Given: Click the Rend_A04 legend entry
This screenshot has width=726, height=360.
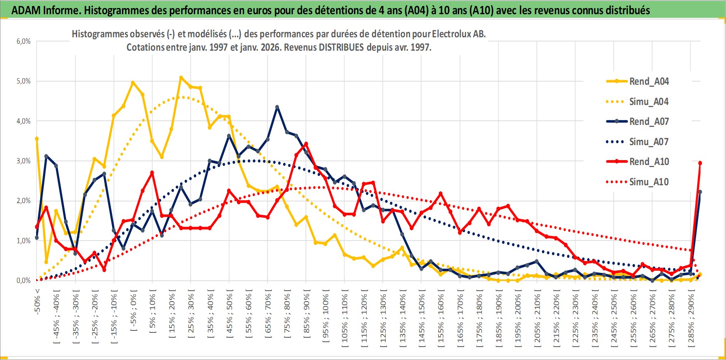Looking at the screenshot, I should coord(649,81).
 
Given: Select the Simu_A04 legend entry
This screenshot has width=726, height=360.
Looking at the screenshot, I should coord(649,102).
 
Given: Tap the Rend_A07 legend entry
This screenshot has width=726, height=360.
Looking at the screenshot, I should coord(649,122).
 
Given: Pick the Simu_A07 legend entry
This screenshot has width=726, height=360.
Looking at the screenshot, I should coord(649,142).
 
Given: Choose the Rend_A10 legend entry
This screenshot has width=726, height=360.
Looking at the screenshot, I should coord(649,162).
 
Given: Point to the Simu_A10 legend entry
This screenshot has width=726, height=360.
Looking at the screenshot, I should coord(649,182).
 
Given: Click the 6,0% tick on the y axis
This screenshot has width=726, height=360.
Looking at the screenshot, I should coord(24,41).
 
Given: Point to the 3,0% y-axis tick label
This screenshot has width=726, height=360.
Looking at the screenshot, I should coord(24,161).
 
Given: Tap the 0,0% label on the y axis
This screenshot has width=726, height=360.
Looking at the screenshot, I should coord(24,281).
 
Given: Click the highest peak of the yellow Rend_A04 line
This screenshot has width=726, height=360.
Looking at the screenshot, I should coord(181,77).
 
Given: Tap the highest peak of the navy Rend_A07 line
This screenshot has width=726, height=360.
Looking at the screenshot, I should coord(277,107).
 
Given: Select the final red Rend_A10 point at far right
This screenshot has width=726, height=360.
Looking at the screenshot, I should coord(700,163).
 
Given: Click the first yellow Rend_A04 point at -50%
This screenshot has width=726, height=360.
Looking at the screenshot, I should coord(37,139).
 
